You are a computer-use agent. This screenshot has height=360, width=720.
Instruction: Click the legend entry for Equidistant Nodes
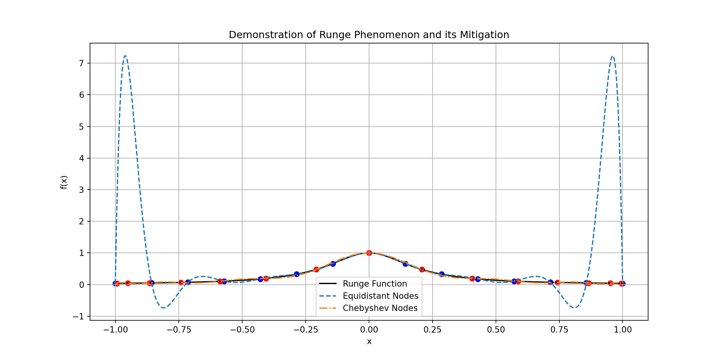380,296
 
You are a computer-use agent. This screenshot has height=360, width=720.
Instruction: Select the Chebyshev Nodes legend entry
380,308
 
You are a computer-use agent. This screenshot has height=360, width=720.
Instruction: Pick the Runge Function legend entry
375,284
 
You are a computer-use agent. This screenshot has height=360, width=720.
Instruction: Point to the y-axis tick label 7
82,63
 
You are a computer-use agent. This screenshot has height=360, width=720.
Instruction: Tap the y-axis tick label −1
79,317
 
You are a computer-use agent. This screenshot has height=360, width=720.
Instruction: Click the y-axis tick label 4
82,158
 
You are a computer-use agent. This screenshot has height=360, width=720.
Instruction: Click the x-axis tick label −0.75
179,330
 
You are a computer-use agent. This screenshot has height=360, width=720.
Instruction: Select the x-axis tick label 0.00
369,330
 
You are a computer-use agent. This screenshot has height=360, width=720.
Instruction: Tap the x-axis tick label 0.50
496,330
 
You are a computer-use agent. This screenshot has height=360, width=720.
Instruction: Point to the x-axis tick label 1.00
622,330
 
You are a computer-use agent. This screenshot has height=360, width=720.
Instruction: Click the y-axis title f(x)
64,182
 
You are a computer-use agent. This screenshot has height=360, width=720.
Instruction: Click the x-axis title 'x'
369,342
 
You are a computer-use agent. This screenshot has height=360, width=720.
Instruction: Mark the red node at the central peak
369,253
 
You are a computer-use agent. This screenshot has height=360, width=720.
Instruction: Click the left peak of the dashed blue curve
125,56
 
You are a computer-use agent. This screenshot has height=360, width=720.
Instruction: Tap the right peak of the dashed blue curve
612,57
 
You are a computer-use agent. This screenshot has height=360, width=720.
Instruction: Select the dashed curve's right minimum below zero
574,308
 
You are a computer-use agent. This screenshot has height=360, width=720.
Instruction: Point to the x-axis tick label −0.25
306,330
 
